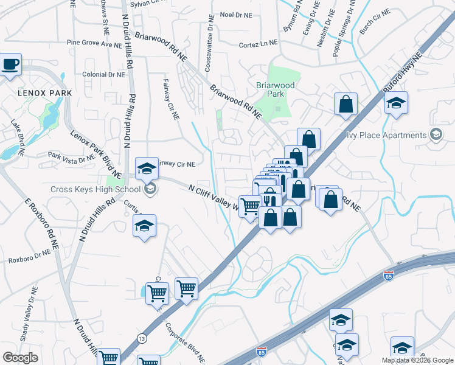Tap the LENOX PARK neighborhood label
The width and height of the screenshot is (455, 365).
pos(45,93)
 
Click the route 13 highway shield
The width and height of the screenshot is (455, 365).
pos(142,338)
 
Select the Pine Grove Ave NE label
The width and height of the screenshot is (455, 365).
pos(95,44)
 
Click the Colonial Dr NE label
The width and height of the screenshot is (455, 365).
pos(103,74)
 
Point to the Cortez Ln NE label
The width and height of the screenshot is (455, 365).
pos(258,44)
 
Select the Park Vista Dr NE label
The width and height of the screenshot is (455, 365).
pos(72,156)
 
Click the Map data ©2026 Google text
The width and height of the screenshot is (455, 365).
pos(417,360)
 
